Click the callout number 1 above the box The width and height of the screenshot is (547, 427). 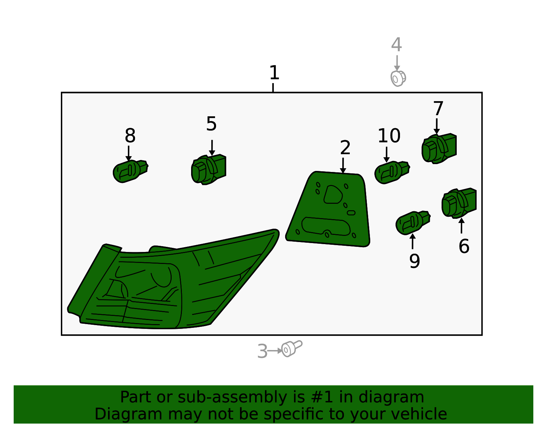click(x=274, y=73)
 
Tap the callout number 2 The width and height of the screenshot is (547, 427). click(x=345, y=148)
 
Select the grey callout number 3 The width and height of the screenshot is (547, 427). click(x=262, y=351)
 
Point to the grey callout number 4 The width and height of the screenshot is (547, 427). click(x=397, y=45)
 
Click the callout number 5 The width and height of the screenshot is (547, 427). click(x=211, y=124)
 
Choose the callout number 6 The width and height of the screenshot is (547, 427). click(x=464, y=246)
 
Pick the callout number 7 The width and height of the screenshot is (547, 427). click(x=438, y=108)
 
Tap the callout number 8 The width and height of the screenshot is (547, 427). click(x=130, y=136)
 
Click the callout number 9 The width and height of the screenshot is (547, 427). click(x=415, y=261)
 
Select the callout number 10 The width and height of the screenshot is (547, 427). click(x=389, y=136)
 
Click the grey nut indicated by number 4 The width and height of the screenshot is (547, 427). click(x=398, y=79)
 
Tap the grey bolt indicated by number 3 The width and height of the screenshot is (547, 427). click(x=292, y=348)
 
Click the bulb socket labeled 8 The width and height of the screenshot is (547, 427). click(x=130, y=171)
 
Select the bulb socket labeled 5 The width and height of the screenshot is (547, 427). click(x=209, y=170)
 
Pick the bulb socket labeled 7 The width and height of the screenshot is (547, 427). click(x=439, y=148)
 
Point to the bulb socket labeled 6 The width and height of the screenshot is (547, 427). click(x=459, y=203)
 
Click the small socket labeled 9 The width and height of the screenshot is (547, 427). click(x=413, y=223)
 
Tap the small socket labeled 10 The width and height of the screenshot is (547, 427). click(x=392, y=172)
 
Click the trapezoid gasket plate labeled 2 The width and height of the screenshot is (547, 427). click(x=328, y=209)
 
